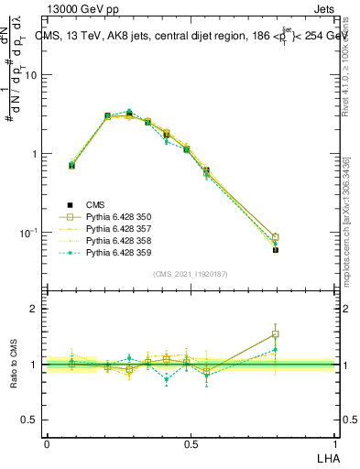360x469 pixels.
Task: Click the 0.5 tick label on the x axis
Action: [191, 443]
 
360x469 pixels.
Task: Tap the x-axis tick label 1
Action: [335, 443]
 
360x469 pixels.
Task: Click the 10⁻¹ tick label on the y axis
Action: [29, 234]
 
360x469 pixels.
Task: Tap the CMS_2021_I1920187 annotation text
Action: [191, 274]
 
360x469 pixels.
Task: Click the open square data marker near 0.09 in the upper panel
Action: [72, 165]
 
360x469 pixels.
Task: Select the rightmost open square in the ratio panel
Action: [276, 334]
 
